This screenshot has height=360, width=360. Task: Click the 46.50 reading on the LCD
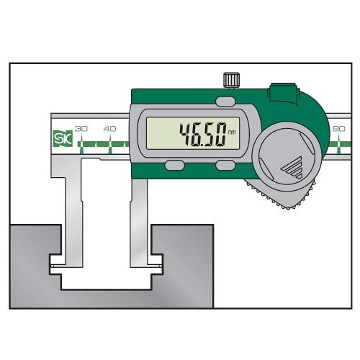point(204,134)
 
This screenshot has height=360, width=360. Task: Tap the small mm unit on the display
point(232,132)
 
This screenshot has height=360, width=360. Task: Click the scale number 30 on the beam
point(81,127)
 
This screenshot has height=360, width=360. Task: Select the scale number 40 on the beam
point(109,127)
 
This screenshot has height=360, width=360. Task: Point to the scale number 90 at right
point(338,127)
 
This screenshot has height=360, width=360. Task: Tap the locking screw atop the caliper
point(231,79)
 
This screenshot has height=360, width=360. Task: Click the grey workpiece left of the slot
point(32,266)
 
